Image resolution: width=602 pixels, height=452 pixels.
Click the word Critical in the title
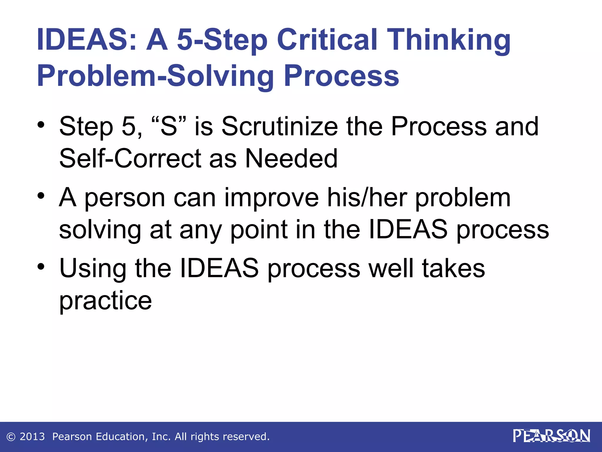point(327,40)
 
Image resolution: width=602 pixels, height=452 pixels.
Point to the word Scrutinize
point(280,127)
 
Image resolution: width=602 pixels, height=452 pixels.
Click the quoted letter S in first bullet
point(169,127)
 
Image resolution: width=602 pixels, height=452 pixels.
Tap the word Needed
point(291,159)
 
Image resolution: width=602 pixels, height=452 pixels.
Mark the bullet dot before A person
point(41,195)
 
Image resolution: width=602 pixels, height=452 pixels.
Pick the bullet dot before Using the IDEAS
point(41,266)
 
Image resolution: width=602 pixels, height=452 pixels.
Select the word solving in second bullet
point(100,231)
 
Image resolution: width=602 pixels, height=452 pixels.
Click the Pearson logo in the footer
point(551,436)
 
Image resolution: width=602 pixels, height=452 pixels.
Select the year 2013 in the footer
point(32,437)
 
